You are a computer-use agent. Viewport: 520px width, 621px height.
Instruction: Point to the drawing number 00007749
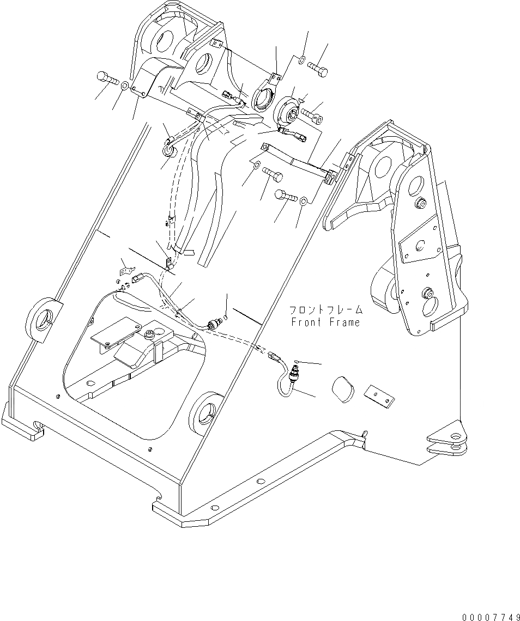pos(488,617)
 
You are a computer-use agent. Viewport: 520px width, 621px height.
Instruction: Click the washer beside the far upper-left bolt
pos(125,86)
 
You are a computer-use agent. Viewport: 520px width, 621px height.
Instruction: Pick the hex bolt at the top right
pos(319,69)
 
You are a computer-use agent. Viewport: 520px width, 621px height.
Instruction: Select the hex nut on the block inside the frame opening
pos(149,333)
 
